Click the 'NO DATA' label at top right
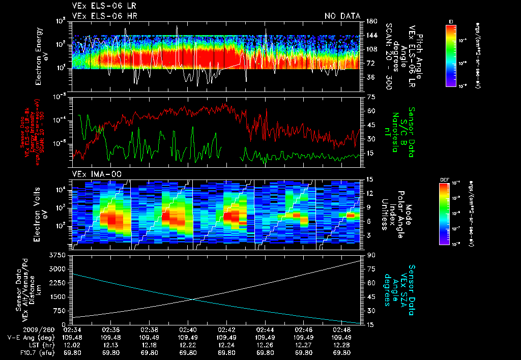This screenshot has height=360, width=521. coord(342,16)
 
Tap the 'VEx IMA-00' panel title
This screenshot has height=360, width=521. coord(93,174)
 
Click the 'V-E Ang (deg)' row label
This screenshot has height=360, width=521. coord(31,337)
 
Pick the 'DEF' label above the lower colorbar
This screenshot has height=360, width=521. coord(443,180)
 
